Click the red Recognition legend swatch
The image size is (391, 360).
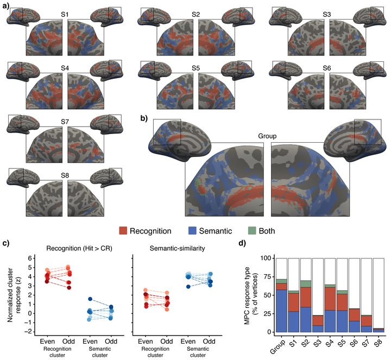pyautogui.click(x=123, y=231)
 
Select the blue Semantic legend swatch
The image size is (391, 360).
pyautogui.click(x=192, y=231)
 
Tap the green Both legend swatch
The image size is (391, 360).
pyautogui.click(x=253, y=231)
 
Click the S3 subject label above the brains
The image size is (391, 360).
pyautogui.click(x=327, y=15)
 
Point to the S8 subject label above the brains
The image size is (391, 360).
pyautogui.click(x=65, y=175)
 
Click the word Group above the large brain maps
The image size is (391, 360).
pyautogui.click(x=267, y=136)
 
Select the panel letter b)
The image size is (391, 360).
pyautogui.click(x=144, y=118)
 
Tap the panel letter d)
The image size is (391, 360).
pyautogui.click(x=242, y=243)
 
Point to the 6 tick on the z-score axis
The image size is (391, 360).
pyautogui.click(x=30, y=258)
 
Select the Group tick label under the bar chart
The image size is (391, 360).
pyautogui.click(x=278, y=346)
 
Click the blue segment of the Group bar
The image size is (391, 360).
pyautogui.click(x=281, y=311)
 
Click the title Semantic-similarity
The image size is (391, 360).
pyautogui.click(x=177, y=248)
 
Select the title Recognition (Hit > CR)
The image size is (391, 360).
pyautogui.click(x=79, y=249)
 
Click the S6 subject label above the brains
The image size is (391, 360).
pyautogui.click(x=327, y=68)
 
